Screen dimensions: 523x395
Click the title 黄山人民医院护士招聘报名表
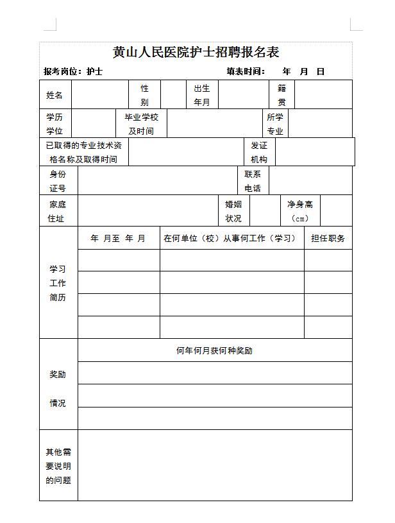196,53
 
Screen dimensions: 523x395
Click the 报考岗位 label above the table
62,71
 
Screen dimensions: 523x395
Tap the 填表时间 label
246,71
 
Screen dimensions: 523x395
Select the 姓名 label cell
55,95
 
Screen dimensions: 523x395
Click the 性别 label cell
144,95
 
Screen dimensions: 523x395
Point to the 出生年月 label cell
202,95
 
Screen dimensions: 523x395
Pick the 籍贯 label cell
282,95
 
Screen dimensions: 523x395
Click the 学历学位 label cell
55,124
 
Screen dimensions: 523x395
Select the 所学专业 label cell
275,124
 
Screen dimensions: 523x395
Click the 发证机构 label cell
259,152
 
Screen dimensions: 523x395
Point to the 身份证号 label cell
58,181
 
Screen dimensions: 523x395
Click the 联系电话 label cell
253,181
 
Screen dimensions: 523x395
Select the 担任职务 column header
328,238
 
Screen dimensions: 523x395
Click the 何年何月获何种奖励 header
214,350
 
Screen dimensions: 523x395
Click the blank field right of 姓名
99,95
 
